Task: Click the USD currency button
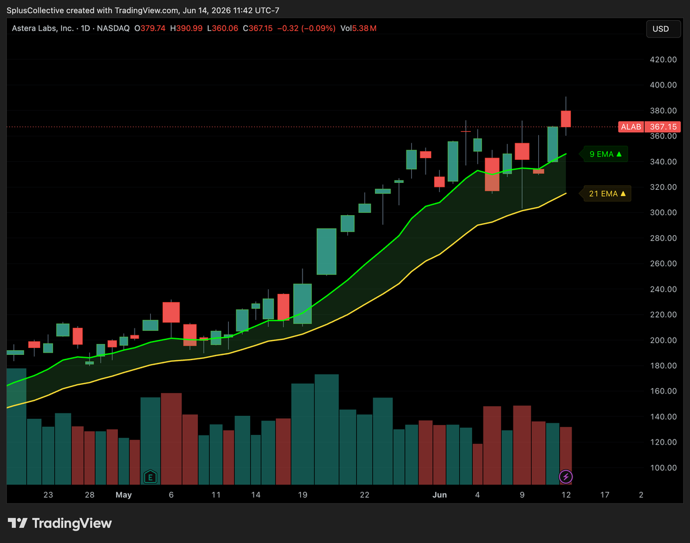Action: (663, 29)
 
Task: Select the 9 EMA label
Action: (605, 154)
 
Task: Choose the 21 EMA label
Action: (607, 194)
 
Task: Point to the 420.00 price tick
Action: (663, 60)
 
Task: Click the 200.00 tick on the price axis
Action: (663, 340)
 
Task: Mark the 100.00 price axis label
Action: (663, 468)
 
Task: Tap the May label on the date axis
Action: (124, 495)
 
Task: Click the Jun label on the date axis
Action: (439, 495)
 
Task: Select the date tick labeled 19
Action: (302, 495)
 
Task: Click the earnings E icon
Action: (150, 477)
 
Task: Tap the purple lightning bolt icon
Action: (566, 477)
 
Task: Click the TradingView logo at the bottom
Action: (60, 523)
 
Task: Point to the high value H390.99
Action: (186, 29)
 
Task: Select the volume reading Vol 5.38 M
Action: (358, 29)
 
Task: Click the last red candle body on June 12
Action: (566, 118)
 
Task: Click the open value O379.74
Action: (149, 29)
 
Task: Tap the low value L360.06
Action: (223, 29)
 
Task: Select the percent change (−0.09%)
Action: (318, 29)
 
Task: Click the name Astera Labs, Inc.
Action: (43, 29)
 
